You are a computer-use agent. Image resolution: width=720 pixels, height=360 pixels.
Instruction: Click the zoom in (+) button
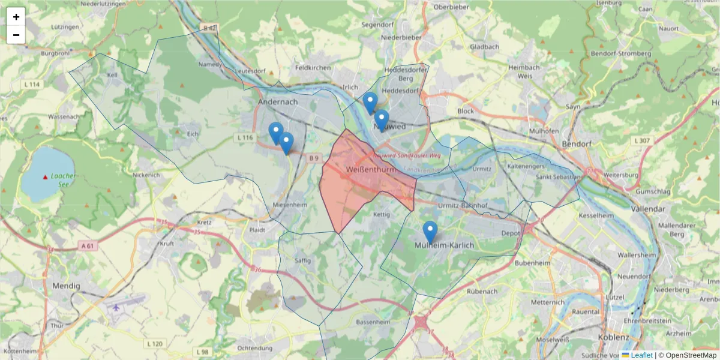16,17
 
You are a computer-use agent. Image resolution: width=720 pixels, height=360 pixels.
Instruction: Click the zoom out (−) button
16,35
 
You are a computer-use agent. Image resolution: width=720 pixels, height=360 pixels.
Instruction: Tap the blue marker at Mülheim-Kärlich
430,232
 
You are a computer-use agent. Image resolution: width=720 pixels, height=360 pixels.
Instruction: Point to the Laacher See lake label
62,180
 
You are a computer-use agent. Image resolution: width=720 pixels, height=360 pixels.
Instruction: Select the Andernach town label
278,102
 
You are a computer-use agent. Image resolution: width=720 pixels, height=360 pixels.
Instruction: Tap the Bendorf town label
577,145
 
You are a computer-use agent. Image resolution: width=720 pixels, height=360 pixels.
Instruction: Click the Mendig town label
66,286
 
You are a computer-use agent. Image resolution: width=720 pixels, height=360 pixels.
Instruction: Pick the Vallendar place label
649,209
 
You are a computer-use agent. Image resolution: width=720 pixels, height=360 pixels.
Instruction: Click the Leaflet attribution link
641,355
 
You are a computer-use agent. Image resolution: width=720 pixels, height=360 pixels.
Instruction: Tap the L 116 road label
245,137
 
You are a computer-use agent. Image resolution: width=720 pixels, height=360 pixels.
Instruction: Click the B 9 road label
314,158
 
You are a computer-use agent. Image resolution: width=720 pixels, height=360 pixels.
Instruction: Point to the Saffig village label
304,260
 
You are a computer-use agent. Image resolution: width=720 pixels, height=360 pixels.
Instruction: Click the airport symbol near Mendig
116,308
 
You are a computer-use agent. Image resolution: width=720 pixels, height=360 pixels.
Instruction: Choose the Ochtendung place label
259,348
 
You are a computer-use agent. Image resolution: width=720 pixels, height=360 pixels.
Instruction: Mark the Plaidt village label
257,229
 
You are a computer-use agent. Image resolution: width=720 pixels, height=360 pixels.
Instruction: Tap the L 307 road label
641,140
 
